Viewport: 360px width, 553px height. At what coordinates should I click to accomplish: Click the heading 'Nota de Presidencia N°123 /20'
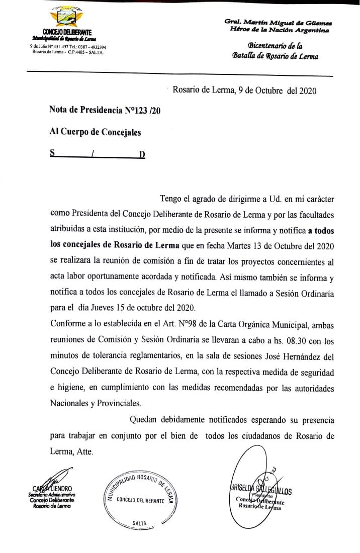[105, 110]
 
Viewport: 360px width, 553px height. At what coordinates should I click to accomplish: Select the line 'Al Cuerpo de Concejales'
[95, 132]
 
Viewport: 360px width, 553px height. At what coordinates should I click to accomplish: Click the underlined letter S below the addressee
[52, 153]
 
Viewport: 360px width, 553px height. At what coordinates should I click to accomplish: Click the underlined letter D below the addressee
[142, 154]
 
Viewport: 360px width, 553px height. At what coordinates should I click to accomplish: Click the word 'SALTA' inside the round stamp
[139, 523]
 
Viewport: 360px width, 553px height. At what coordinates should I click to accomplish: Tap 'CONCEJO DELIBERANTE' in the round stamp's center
[140, 500]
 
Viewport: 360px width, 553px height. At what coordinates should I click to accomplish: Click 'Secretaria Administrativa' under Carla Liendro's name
[52, 495]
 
